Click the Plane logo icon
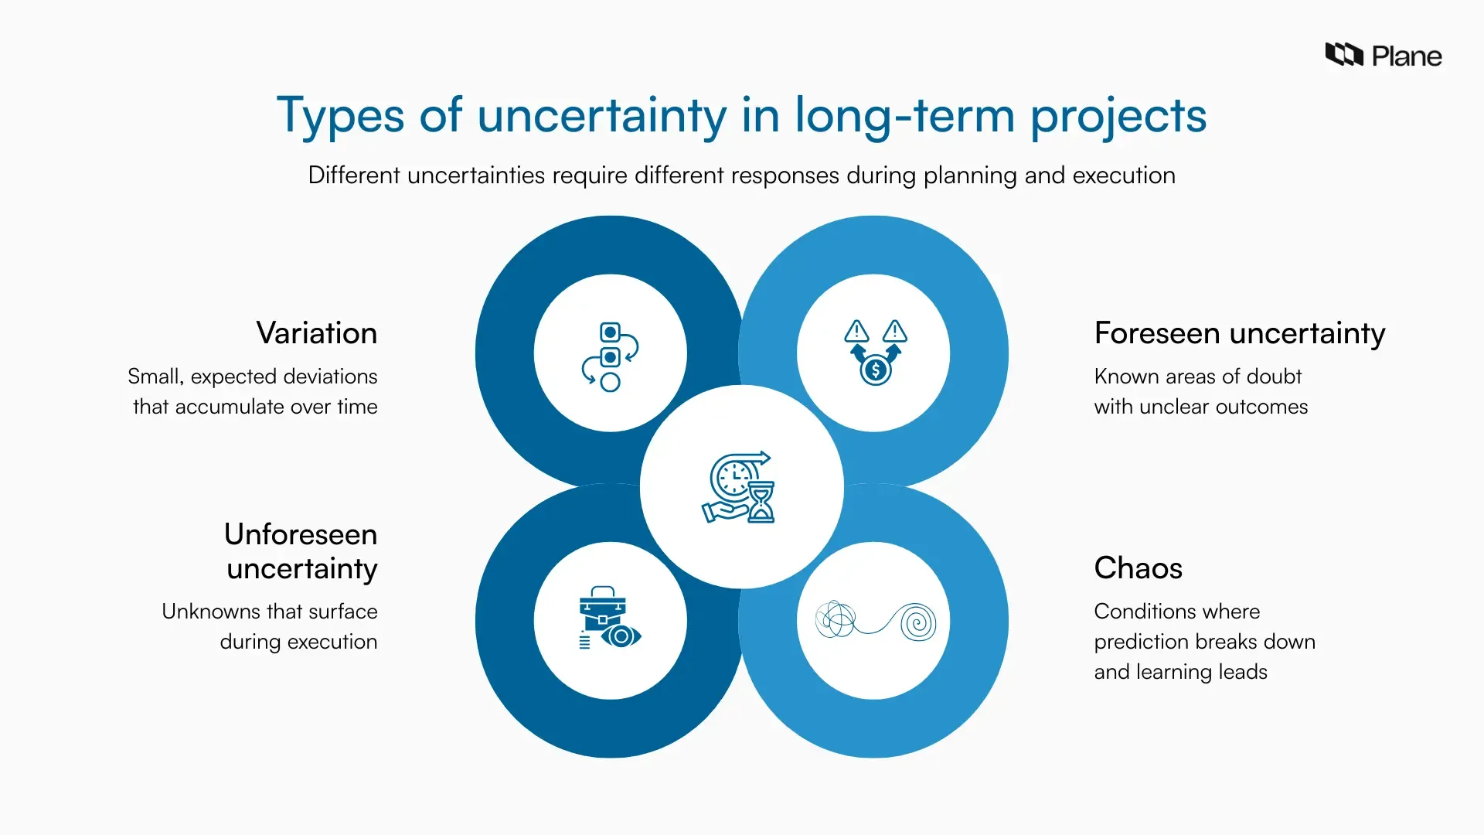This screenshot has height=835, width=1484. tap(1344, 55)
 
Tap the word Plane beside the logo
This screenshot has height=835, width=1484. tap(1406, 56)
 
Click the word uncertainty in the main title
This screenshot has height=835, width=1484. tap(601, 116)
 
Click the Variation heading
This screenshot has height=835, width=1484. tap(317, 333)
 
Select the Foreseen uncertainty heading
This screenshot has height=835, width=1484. tap(1239, 333)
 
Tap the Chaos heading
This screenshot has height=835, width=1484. tap(1138, 568)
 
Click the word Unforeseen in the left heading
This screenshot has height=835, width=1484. tap(301, 534)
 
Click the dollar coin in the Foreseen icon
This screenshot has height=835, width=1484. tap(876, 370)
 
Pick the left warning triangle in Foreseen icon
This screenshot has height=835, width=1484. tap(856, 332)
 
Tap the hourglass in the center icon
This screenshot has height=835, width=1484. tap(761, 503)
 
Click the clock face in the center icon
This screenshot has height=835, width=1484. tap(732, 478)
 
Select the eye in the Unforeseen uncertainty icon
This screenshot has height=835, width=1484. tap(621, 636)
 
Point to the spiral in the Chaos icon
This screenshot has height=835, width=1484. tap(917, 622)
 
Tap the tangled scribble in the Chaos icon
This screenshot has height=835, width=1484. tap(835, 619)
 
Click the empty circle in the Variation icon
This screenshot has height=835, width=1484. tap(611, 383)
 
